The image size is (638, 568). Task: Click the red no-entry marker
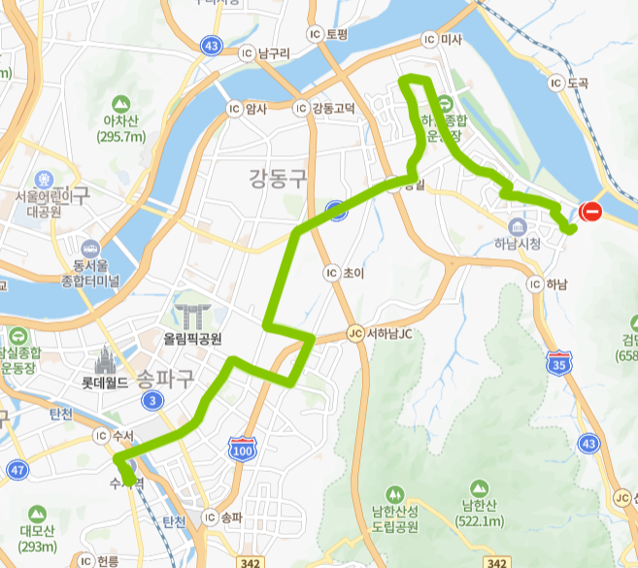pos(590,211)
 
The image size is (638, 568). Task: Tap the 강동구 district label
pos(277,178)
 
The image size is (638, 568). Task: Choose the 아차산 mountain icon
pos(121,103)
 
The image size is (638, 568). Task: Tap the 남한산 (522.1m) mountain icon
pos(478,489)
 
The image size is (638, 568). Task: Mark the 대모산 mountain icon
pos(37,512)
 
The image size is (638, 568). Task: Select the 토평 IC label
pos(328,33)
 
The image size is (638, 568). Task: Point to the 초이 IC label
pos(344,274)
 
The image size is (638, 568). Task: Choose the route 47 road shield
pos(17,471)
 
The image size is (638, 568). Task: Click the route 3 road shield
pos(151,400)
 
